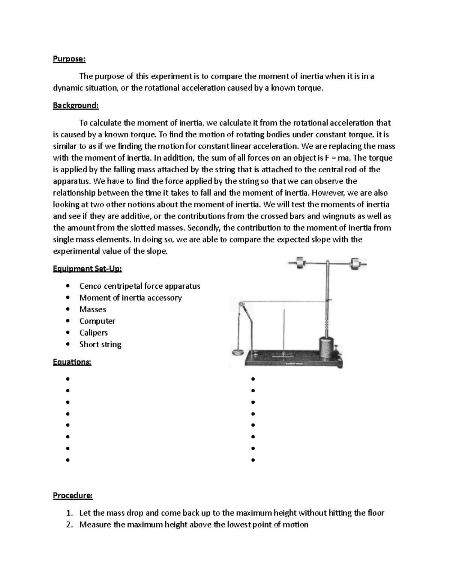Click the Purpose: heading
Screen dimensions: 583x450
[69, 59]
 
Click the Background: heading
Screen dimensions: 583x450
[76, 105]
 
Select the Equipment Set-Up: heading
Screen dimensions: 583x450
[87, 269]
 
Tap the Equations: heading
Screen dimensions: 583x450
[72, 362]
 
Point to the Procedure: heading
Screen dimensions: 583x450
[73, 496]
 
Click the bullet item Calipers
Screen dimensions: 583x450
[93, 333]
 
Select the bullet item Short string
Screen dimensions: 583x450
[100, 344]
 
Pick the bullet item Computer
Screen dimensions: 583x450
[97, 321]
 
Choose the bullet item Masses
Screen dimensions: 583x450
[93, 309]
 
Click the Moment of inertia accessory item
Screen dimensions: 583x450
[130, 298]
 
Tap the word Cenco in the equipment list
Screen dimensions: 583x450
[90, 286]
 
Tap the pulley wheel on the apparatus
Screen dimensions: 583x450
[241, 304]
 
